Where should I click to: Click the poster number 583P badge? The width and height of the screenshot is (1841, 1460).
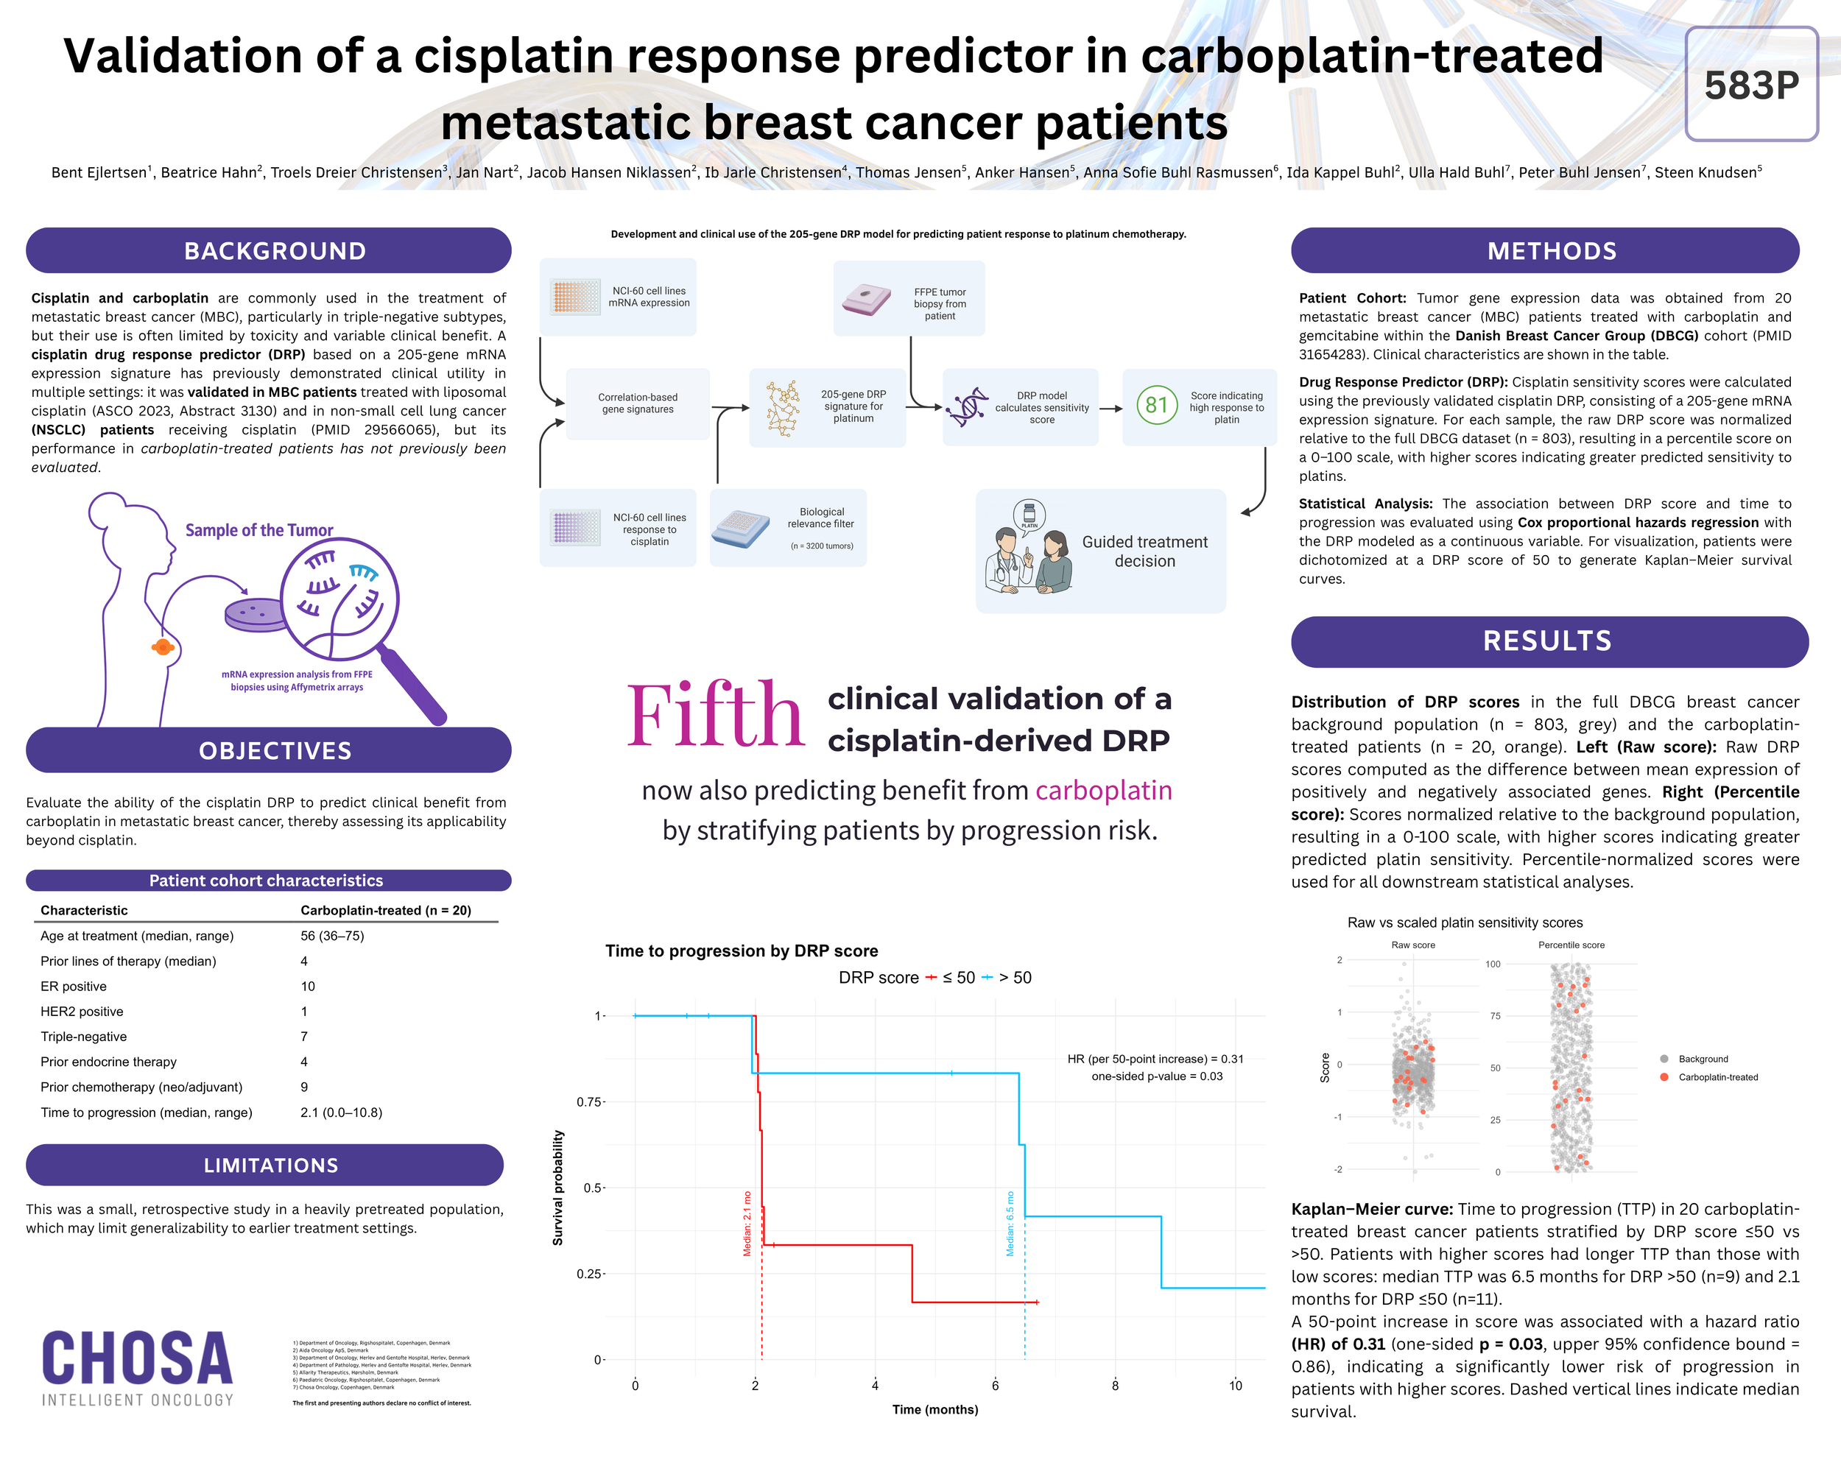coord(1750,85)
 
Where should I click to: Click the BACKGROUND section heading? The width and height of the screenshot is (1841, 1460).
coord(275,251)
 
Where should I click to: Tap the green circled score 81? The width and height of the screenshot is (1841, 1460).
coord(1156,405)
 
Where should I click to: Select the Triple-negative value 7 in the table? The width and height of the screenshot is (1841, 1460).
coord(304,1037)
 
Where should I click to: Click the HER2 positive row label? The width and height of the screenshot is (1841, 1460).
coord(82,1011)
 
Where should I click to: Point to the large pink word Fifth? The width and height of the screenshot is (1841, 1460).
coord(716,716)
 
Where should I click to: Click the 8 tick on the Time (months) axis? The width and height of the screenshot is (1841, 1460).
coord(1115,1385)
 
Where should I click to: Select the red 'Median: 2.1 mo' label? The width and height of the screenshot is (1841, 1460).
coord(747,1224)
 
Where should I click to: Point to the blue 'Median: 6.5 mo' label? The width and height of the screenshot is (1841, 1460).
coord(1010,1224)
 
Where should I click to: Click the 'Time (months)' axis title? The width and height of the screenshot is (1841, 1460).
coord(935,1410)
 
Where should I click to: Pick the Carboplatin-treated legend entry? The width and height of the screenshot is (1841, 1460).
coord(1717,1077)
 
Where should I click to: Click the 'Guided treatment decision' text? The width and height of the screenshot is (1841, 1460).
coord(1144,551)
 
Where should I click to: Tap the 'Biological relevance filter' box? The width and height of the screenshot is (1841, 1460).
coord(788,528)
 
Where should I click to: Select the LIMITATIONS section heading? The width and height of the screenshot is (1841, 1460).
coord(271,1165)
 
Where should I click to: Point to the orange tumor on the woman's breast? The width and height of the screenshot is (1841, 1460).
coord(162,647)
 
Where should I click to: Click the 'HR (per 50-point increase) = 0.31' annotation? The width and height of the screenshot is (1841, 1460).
coord(1155,1059)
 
